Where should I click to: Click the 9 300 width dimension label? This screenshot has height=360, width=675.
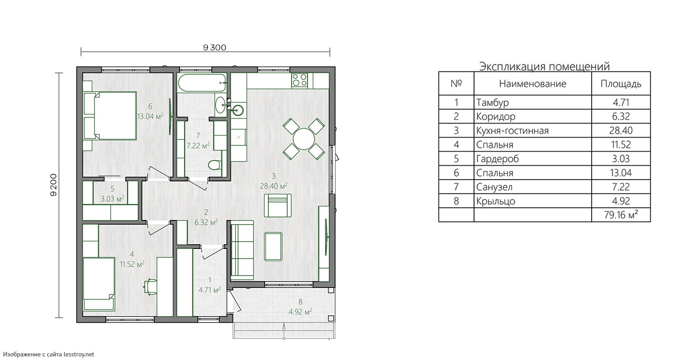tap(215, 48)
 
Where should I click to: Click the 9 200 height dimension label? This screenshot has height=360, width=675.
tap(54, 185)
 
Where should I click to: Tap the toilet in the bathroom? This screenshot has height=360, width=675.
tap(215, 165)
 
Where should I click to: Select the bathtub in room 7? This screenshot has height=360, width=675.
tap(202, 83)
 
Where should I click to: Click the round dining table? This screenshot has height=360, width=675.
tap(304, 139)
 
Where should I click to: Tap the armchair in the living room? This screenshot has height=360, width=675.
tap(278, 206)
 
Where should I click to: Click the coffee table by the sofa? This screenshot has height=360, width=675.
tap(273, 247)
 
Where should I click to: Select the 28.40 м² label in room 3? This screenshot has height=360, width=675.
tap(274, 186)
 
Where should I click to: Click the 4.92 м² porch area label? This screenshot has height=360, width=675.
tap(301, 311)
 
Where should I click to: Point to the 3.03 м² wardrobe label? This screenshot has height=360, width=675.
tap(112, 199)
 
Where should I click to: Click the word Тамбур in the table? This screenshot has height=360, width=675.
tap(492, 103)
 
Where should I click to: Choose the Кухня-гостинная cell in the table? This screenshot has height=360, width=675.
tap(532, 130)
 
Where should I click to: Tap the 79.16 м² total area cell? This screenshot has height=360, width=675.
tap(621, 215)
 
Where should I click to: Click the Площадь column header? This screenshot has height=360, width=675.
tap(621, 84)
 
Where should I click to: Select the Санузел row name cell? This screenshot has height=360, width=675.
tap(532, 187)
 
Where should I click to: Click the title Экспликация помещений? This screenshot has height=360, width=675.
tap(544, 66)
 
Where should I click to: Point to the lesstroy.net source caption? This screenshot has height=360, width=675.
tap(49, 354)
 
